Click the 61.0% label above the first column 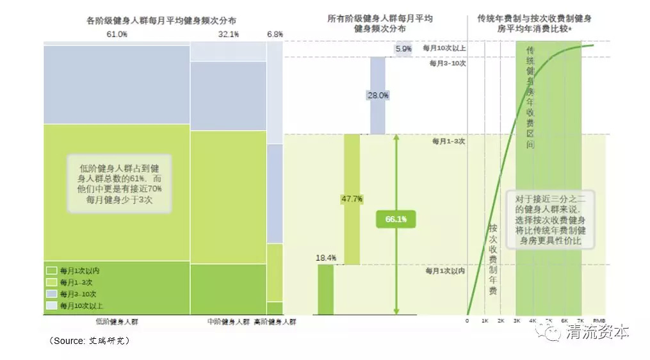point(117,34)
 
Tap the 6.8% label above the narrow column point(275,34)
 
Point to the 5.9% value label point(403,49)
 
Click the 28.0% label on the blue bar point(378,95)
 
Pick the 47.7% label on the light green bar point(352,199)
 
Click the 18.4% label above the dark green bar point(326,258)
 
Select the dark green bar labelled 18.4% point(326,290)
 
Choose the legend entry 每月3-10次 point(79,294)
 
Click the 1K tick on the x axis point(485,320)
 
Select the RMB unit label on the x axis point(599,320)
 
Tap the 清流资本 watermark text point(597,332)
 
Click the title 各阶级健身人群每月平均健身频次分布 point(156,20)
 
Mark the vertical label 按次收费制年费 point(493,259)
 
